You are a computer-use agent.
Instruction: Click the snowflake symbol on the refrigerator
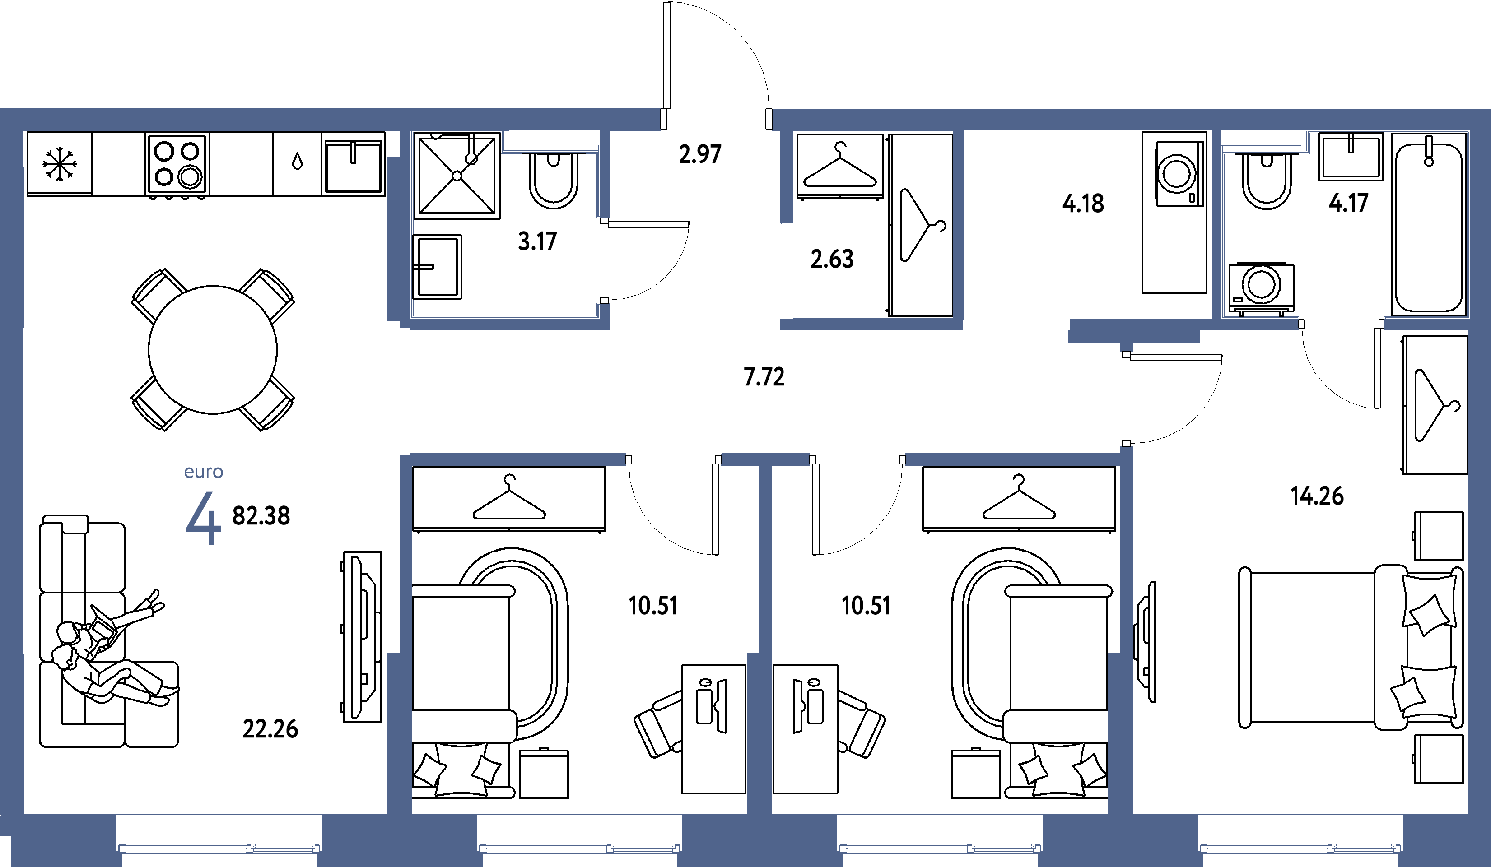click(x=60, y=164)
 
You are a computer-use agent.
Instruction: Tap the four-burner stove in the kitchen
click(x=177, y=164)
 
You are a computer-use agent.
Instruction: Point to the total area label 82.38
click(x=261, y=516)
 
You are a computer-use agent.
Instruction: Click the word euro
click(x=204, y=472)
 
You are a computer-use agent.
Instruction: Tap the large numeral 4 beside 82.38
click(x=204, y=518)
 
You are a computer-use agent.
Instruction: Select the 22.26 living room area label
click(x=270, y=729)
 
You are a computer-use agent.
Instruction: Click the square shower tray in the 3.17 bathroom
click(x=457, y=176)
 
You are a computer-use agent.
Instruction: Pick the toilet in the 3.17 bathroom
click(x=553, y=180)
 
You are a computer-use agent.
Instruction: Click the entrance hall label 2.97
click(x=700, y=154)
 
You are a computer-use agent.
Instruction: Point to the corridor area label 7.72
click(x=764, y=377)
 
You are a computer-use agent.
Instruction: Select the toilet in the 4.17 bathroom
click(x=1266, y=180)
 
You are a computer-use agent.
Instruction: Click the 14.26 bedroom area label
click(x=1317, y=496)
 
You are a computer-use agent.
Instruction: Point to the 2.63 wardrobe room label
click(x=832, y=259)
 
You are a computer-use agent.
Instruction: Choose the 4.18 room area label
click(x=1083, y=204)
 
